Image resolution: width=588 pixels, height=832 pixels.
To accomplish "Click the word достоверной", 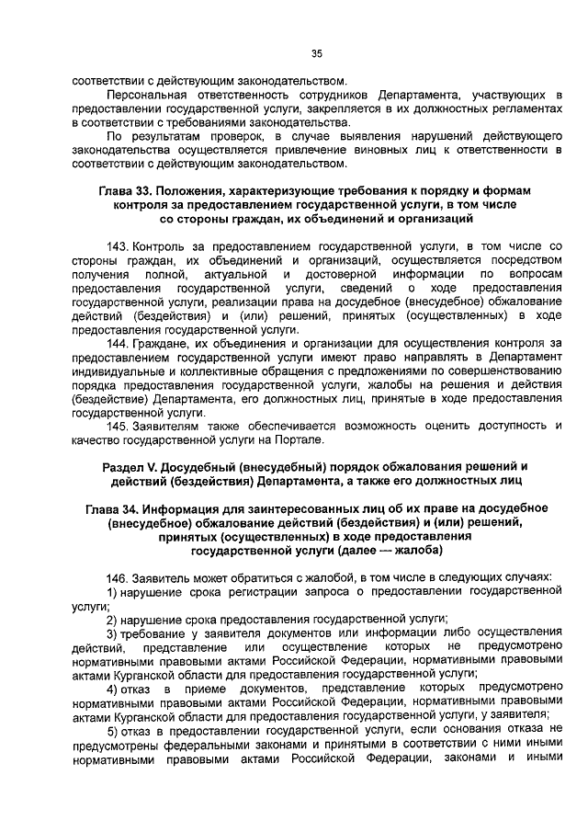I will (344, 275).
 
